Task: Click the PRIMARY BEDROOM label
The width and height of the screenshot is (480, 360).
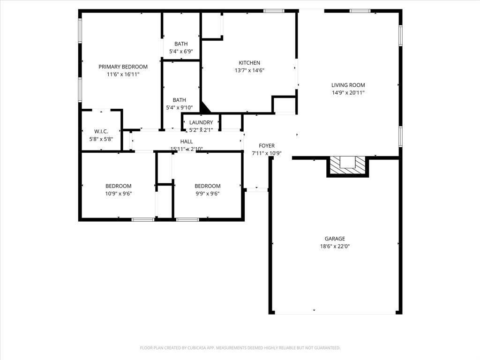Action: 123,67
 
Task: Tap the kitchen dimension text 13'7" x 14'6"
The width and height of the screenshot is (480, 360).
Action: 249,70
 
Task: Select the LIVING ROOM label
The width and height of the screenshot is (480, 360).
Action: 348,85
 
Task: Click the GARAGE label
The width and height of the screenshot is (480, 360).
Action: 335,239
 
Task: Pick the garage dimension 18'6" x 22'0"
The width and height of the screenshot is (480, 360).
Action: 335,246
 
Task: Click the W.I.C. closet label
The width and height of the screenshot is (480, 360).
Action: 101,132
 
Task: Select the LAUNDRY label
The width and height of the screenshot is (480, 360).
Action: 201,122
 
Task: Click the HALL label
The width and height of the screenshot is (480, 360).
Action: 187,142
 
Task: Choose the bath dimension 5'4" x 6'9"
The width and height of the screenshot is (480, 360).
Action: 181,52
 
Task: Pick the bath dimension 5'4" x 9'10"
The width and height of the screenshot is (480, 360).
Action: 180,107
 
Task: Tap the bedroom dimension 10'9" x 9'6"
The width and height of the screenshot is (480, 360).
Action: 118,194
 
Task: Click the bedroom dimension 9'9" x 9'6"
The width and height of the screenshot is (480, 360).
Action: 207,194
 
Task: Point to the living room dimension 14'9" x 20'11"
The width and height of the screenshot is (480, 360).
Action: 348,92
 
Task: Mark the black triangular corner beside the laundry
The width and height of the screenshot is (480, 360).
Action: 204,107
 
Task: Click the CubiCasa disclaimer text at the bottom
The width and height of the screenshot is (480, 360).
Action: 240,348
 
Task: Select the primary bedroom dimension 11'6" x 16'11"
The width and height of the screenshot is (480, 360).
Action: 123,74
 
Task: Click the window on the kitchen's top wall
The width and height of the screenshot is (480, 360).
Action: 274,11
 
